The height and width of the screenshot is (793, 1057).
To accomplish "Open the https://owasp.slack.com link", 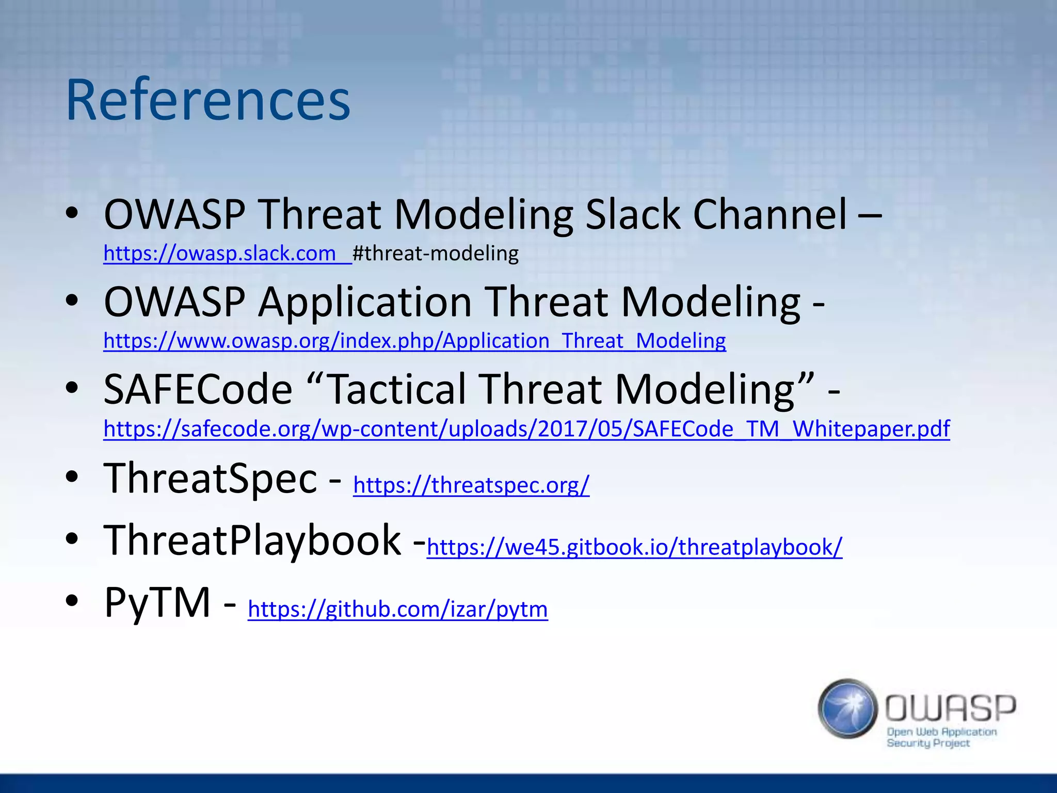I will coord(220,253).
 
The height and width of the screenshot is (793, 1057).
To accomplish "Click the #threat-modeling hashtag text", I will coord(436,253).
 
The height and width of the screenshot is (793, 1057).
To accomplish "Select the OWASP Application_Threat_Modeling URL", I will coord(414,341).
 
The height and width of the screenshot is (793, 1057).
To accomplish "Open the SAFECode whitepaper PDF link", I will coord(526,429).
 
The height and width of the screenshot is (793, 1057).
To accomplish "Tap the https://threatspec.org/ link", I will coord(471,485).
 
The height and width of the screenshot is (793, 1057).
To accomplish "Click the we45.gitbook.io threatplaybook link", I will coord(634,547).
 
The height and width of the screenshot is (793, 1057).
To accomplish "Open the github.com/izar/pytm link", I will coord(397,609).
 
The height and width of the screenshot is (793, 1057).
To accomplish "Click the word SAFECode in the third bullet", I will coord(198,389).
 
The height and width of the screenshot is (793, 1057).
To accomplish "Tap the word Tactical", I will coord(397,389).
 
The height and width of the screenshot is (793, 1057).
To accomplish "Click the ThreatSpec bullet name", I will coord(211,478).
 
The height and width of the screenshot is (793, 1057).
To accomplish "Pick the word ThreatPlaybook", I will coord(252,540).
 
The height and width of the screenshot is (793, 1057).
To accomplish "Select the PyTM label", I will coord(157,602).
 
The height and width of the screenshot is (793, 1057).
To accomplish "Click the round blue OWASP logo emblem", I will coord(847,708).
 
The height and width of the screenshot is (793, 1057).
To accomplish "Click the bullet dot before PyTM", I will coord(72,600).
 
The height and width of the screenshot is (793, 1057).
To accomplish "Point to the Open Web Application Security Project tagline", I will coord(941,737).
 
